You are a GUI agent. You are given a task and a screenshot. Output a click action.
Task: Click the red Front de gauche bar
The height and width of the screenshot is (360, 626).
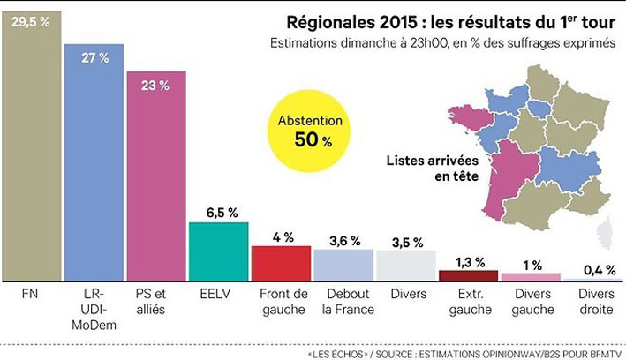point(281,262)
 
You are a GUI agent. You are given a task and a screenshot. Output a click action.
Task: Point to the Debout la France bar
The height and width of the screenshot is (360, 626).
point(343,264)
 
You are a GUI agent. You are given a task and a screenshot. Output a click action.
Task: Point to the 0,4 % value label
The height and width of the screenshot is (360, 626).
point(593,269)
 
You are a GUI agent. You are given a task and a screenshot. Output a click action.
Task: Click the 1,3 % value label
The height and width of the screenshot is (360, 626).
point(469,261)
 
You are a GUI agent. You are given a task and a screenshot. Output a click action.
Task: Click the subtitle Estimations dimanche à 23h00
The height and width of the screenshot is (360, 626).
point(441,43)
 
